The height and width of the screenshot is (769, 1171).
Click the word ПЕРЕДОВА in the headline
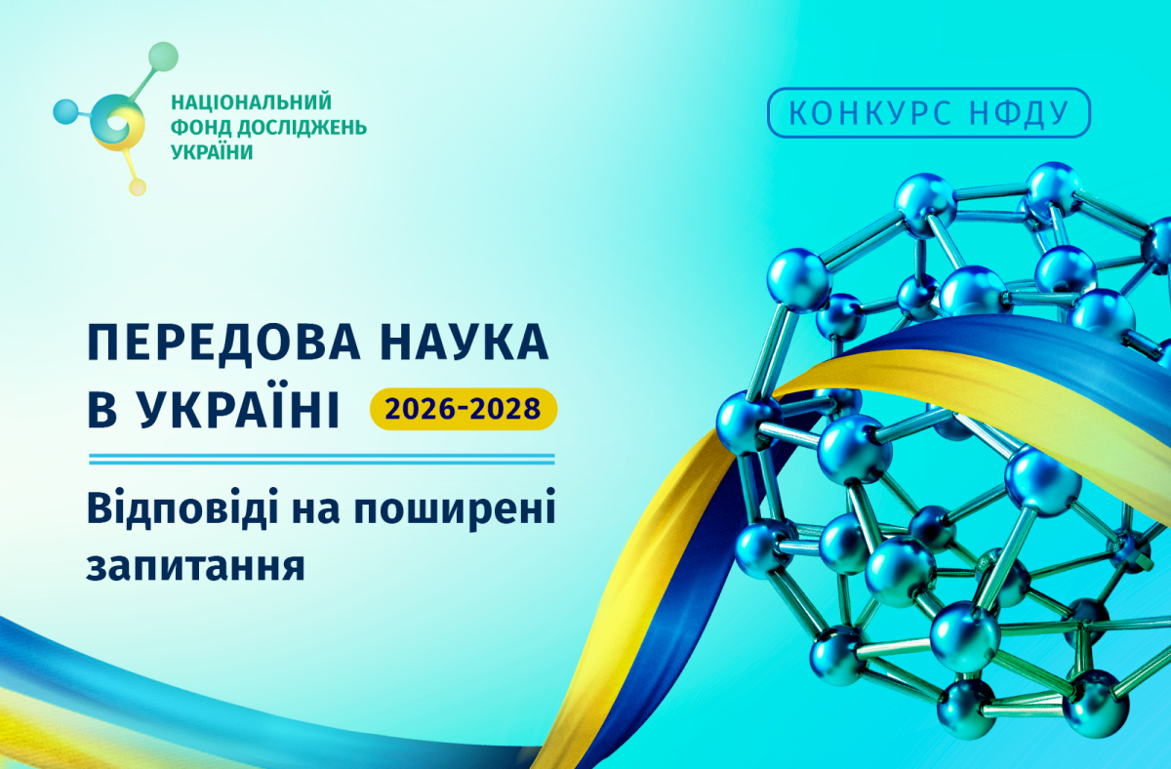pyautogui.click(x=224, y=343)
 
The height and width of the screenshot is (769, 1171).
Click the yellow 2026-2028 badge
pyautogui.click(x=464, y=409)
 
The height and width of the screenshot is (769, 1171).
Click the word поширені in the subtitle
pyautogui.click(x=455, y=508)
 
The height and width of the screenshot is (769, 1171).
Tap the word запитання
pyautogui.click(x=195, y=566)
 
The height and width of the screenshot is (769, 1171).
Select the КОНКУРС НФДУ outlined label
pyautogui.click(x=928, y=112)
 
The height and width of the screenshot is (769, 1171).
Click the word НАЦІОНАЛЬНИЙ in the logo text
pyautogui.click(x=252, y=101)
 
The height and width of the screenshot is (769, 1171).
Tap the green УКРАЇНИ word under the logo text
pyautogui.click(x=213, y=151)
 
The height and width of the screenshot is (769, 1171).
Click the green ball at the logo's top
pyautogui.click(x=163, y=57)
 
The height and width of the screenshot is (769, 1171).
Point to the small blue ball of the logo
pyautogui.click(x=65, y=112)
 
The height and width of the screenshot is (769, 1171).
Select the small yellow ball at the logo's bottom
pyautogui.click(x=138, y=187)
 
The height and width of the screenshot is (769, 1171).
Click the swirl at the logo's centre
pyautogui.click(x=117, y=122)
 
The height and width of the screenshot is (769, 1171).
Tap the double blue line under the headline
pyautogui.click(x=321, y=459)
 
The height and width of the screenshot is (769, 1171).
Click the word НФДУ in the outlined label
pyautogui.click(x=1020, y=112)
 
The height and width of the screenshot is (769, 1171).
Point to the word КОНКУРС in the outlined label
pyautogui.click(x=870, y=112)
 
